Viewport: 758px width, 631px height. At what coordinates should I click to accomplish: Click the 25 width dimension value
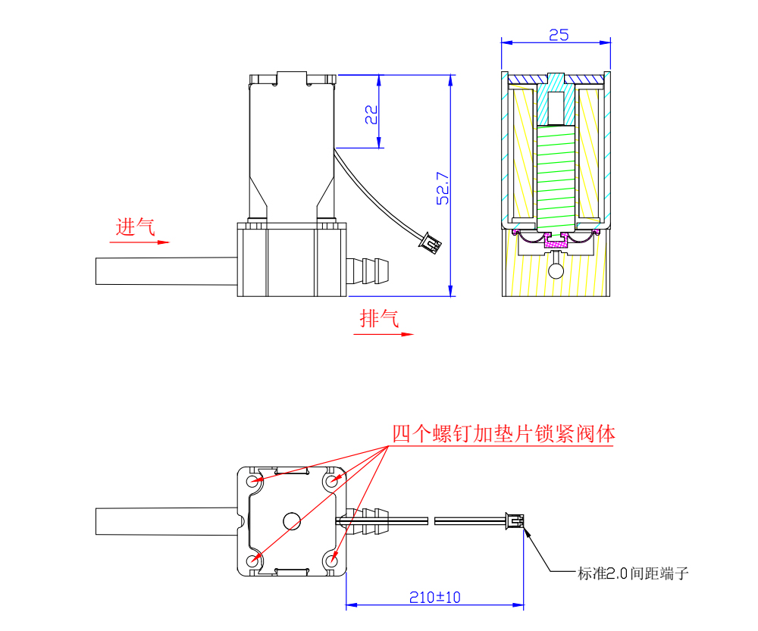click(x=558, y=35)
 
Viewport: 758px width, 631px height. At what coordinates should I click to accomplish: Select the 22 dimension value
click(x=371, y=114)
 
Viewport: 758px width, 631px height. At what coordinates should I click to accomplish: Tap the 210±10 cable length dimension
click(x=434, y=597)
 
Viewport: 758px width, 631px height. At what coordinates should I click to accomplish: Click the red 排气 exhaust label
click(x=378, y=319)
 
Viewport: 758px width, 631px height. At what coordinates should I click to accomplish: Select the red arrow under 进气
click(x=139, y=243)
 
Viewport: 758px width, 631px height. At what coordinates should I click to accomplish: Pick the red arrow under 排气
click(x=387, y=334)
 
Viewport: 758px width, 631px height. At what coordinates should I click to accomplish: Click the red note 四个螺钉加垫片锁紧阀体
click(x=503, y=434)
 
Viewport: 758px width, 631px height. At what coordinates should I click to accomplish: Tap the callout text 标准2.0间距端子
click(x=633, y=573)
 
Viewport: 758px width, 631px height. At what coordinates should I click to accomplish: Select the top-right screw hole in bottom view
click(x=331, y=480)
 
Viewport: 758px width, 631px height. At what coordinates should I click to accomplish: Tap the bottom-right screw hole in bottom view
click(x=331, y=561)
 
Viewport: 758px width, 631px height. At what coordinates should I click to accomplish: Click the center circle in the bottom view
click(x=292, y=520)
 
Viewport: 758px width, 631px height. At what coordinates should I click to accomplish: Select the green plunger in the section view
click(x=557, y=178)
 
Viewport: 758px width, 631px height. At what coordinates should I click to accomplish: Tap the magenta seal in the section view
click(x=557, y=241)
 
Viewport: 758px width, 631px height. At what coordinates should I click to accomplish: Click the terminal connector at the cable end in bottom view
click(x=515, y=521)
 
